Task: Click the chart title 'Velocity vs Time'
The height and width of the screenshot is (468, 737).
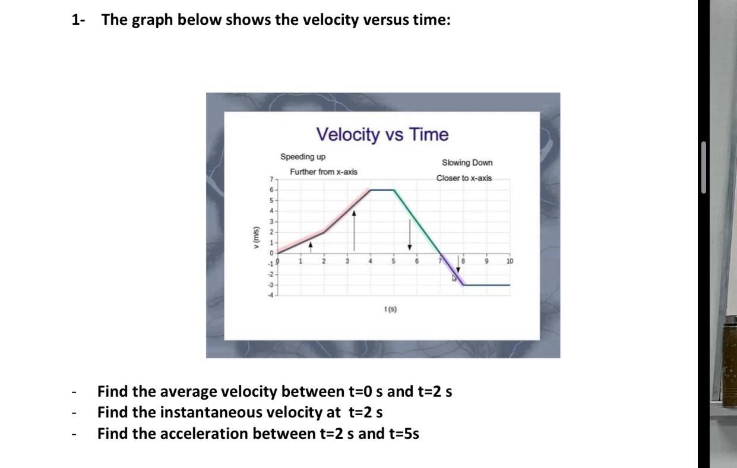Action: [x=382, y=135]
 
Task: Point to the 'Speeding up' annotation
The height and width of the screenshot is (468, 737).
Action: [x=303, y=157]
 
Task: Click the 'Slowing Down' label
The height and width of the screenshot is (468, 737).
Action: [x=467, y=163]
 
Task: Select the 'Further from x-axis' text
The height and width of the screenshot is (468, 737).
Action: [x=324, y=172]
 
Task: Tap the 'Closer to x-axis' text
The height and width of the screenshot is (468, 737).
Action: [x=464, y=178]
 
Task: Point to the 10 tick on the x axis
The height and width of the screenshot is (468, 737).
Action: [x=509, y=261]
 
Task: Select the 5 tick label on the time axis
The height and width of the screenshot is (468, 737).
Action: [x=393, y=261]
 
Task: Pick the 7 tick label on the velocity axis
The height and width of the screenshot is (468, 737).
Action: [x=271, y=179]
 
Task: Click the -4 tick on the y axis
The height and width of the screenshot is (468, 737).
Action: [x=270, y=296]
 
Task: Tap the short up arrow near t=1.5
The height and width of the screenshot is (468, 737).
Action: [x=311, y=246]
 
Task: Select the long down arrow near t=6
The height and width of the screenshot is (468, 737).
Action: [x=409, y=234]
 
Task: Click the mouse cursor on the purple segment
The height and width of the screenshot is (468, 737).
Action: [x=454, y=277]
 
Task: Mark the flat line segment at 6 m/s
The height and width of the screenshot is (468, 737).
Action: [x=382, y=190]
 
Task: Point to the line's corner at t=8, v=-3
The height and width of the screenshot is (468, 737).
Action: [x=464, y=285]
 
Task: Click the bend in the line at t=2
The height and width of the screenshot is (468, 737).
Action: [x=324, y=232]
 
